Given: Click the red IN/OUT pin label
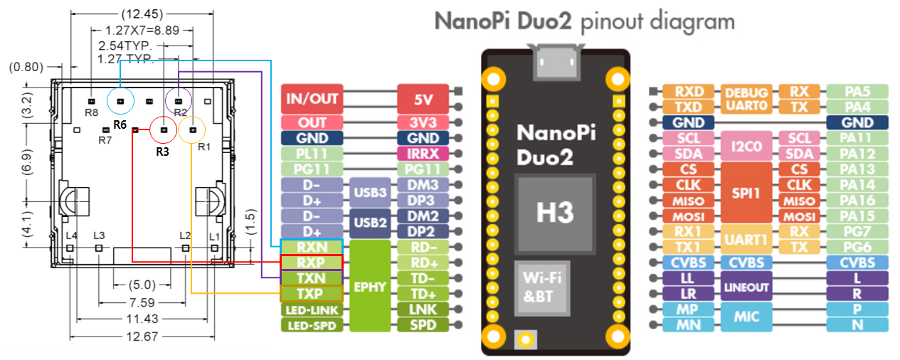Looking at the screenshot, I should point(312,98).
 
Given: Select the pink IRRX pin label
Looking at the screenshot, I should point(423,153).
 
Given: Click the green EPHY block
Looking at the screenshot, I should point(370,286).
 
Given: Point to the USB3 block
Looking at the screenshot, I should point(370,192).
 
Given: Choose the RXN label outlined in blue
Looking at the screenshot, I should point(312,247).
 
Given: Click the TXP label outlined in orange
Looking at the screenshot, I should point(312,294).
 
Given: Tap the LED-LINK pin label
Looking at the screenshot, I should point(312,310).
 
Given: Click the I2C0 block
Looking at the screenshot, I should point(746,146).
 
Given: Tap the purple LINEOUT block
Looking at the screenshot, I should point(746,287).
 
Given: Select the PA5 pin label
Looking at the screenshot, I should point(857,91).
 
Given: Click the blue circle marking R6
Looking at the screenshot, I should point(120,101).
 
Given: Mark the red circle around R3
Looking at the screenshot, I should point(164,131).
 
